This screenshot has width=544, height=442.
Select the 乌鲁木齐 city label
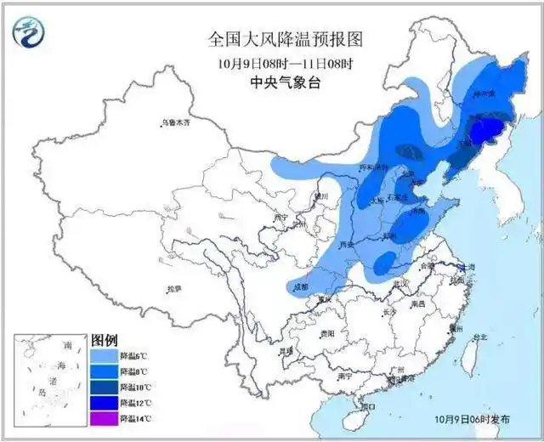177,123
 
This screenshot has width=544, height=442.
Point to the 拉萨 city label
173,289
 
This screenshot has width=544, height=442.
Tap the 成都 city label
300,287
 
